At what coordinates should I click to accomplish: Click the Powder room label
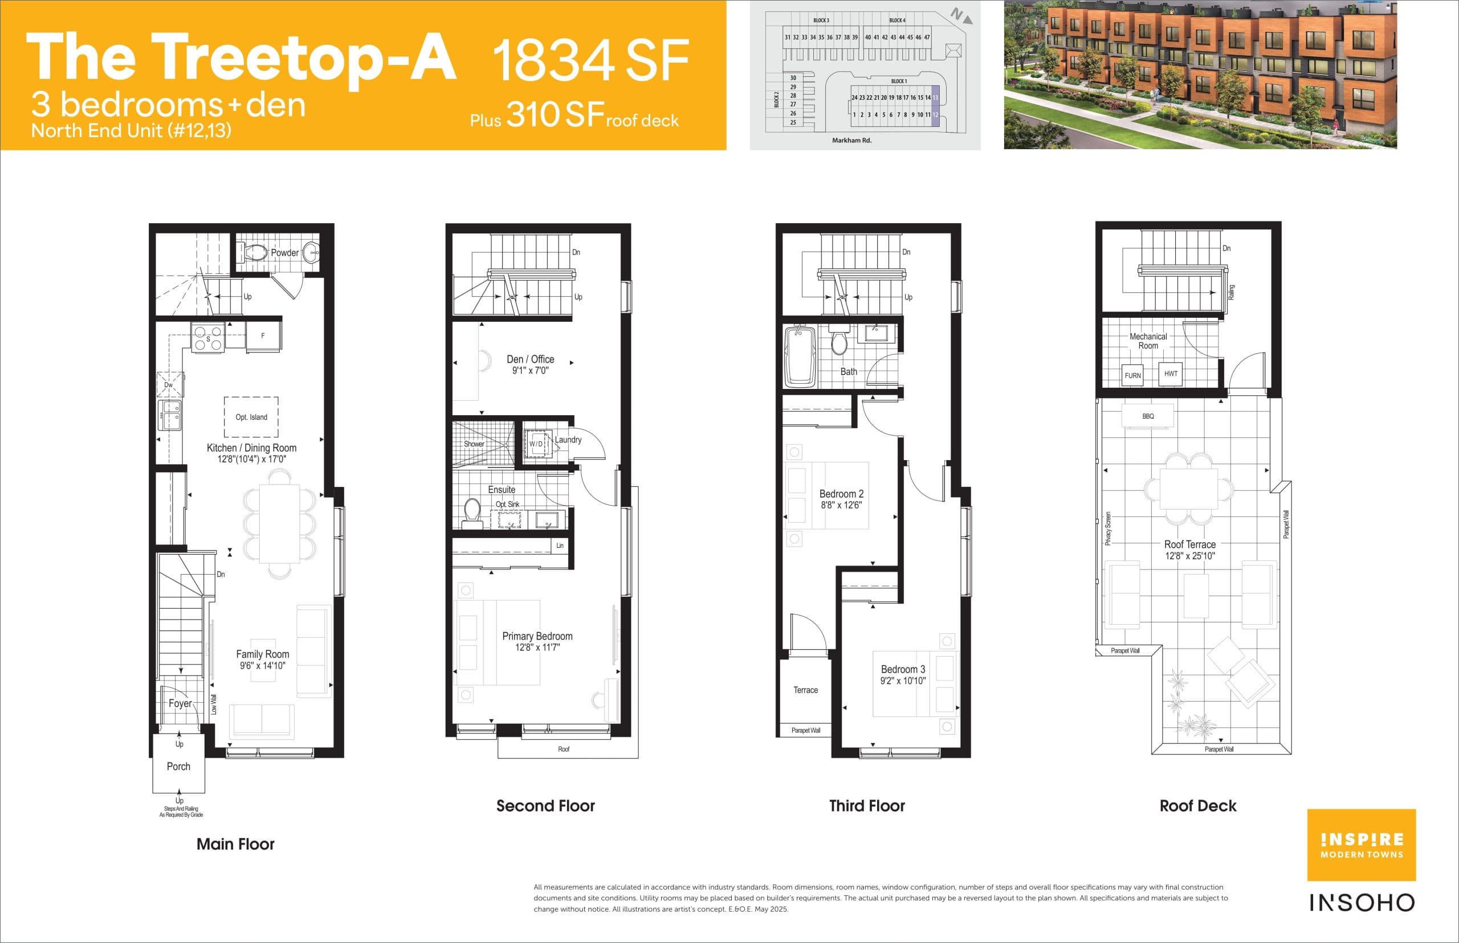point(284,252)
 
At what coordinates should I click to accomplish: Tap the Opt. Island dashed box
point(251,416)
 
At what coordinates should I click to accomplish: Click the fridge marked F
point(263,335)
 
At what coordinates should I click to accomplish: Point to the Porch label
point(178,766)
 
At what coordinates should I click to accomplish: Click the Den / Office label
point(530,359)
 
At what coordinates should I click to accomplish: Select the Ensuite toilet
point(472,512)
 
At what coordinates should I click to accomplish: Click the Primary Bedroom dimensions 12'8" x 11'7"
point(537,647)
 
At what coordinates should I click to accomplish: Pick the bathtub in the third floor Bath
point(800,355)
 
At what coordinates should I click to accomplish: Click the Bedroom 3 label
point(903,669)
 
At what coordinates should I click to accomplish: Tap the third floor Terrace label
point(805,690)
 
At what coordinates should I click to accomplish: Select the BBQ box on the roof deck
point(1148,416)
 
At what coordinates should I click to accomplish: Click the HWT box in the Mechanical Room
point(1171,374)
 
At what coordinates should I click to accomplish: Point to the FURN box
point(1132,375)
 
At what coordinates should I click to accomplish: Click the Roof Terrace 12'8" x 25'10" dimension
point(1189,556)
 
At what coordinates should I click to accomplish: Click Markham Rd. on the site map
point(851,140)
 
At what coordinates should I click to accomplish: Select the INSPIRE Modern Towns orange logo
point(1362,845)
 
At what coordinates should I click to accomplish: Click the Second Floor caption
point(545,806)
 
